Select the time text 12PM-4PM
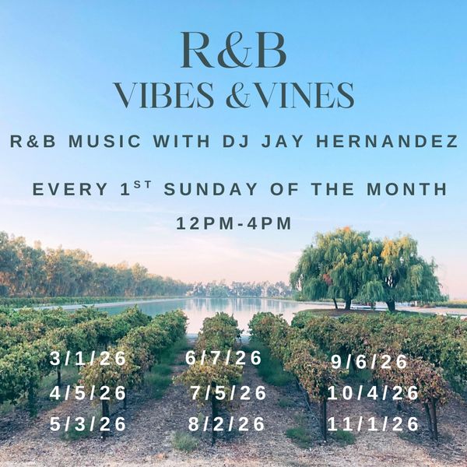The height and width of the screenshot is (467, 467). pyautogui.click(x=234, y=223)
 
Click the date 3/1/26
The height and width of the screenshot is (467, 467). pyautogui.click(x=88, y=360)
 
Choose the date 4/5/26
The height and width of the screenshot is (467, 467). pyautogui.click(x=88, y=393)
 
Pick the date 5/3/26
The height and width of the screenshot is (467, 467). pyautogui.click(x=88, y=425)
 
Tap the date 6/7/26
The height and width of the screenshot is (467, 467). pyautogui.click(x=224, y=359)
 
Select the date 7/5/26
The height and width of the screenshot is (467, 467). pyautogui.click(x=228, y=393)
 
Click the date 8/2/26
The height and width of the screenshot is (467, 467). pyautogui.click(x=227, y=425)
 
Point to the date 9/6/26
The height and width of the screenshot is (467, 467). pyautogui.click(x=369, y=362)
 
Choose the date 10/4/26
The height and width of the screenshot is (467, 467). pyautogui.click(x=374, y=394)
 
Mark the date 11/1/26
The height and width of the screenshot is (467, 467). pyautogui.click(x=374, y=425)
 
